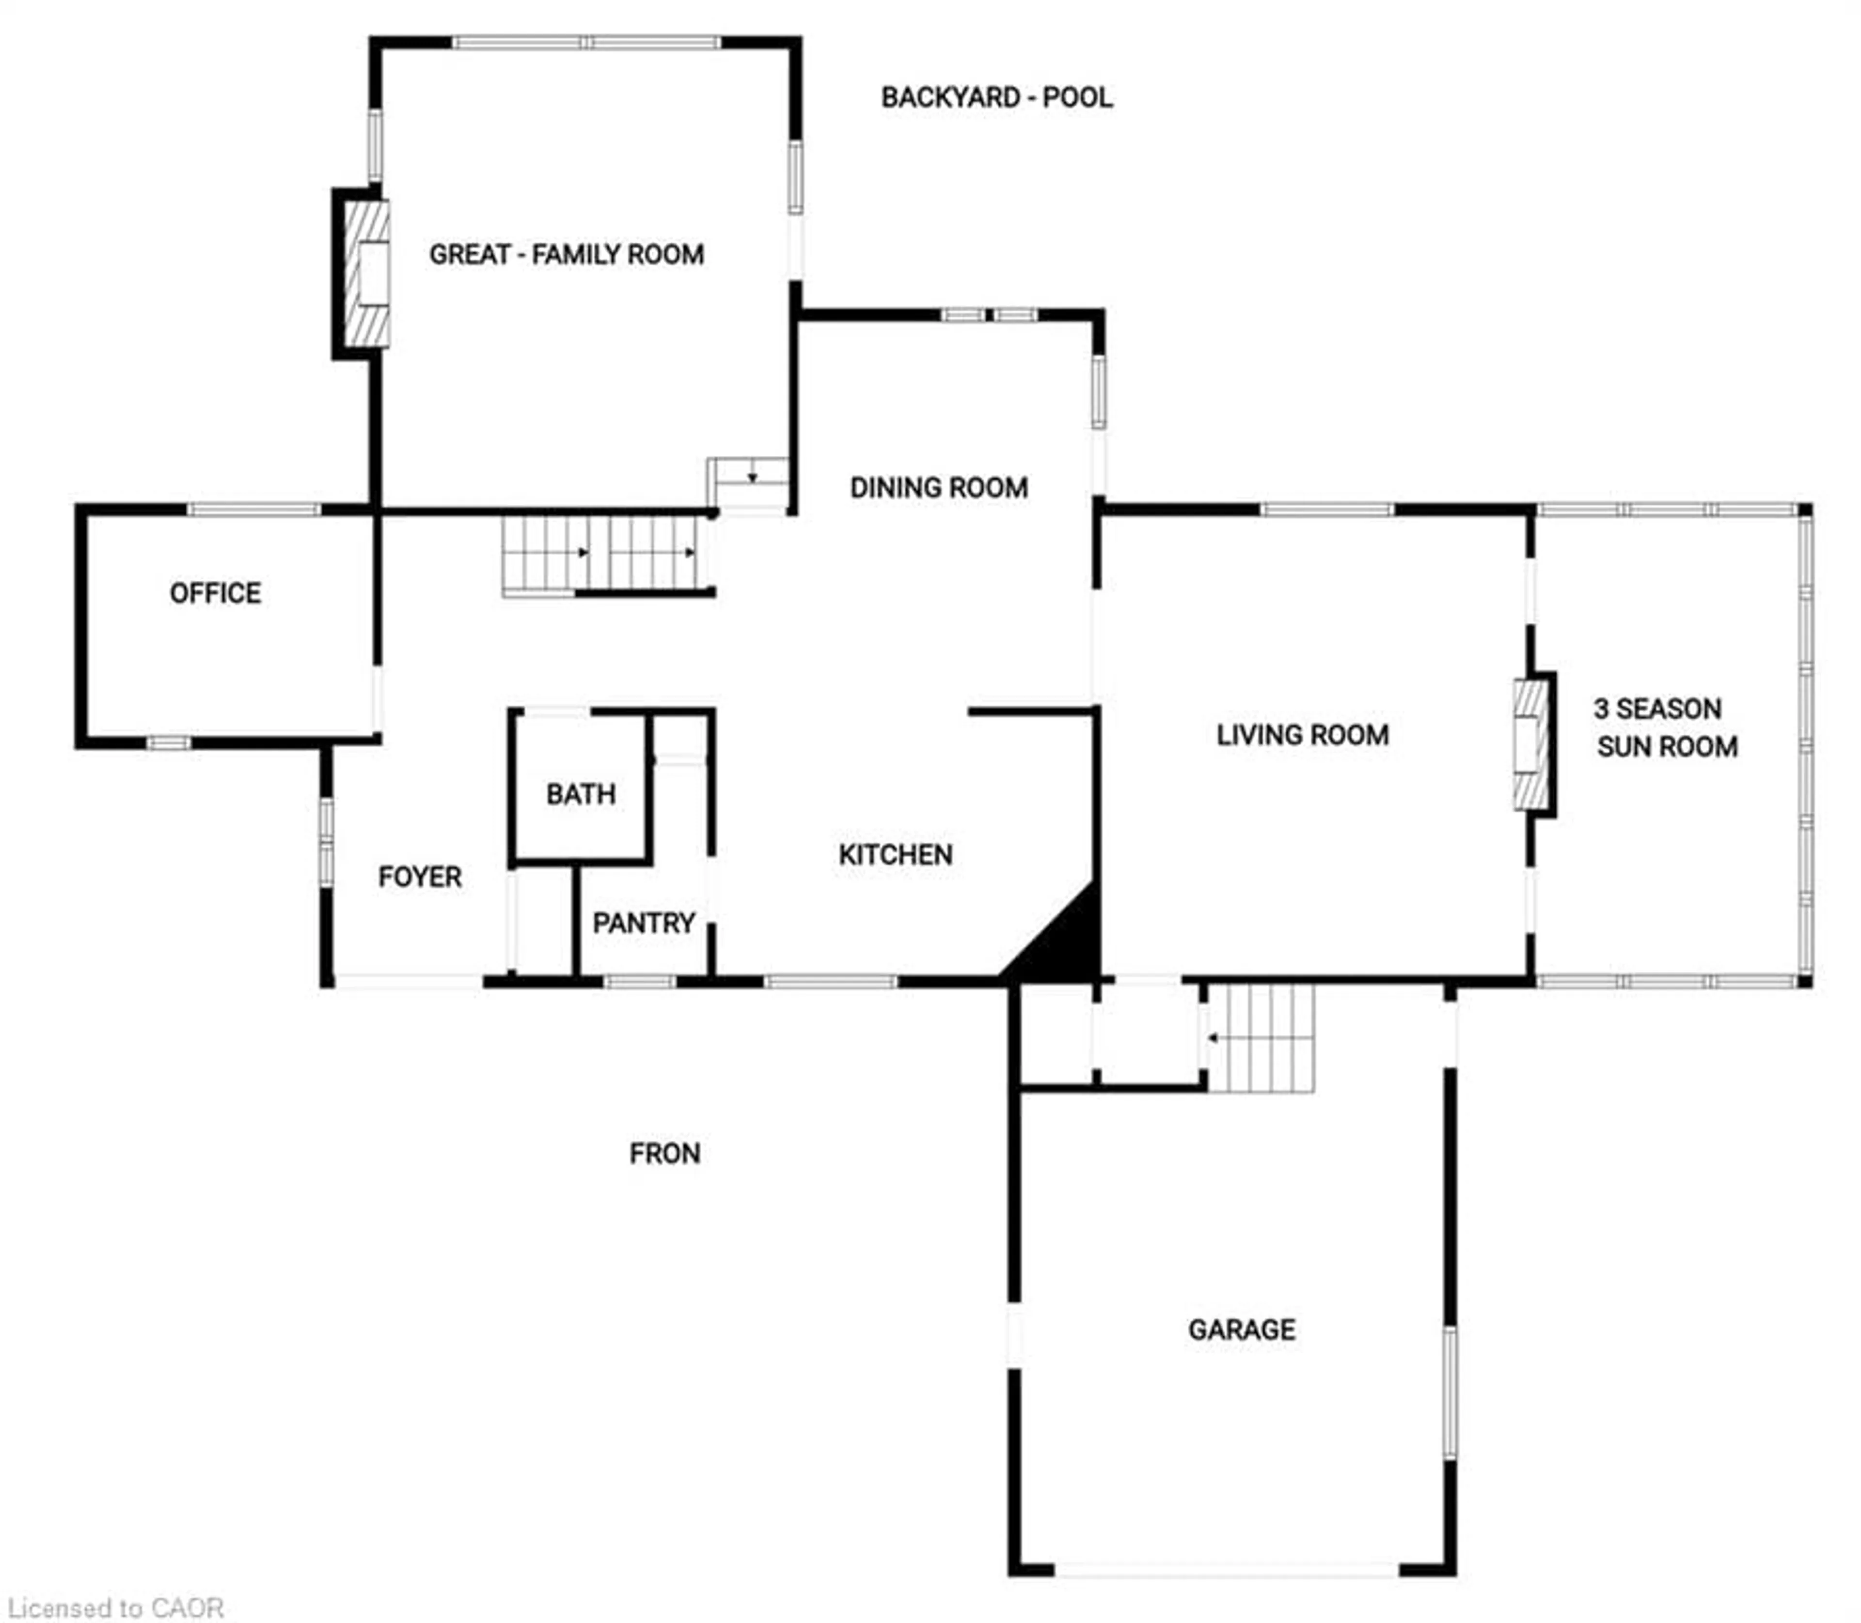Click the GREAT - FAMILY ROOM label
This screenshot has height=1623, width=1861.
pyautogui.click(x=566, y=254)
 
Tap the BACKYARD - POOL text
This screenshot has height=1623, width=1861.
pyautogui.click(x=996, y=98)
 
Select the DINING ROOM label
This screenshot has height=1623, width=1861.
pyautogui.click(x=939, y=488)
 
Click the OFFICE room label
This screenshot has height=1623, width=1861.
pyautogui.click(x=216, y=593)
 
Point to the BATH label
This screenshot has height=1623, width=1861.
pyautogui.click(x=581, y=794)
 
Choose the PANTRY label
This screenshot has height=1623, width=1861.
pyautogui.click(x=643, y=923)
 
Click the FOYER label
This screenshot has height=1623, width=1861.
pyautogui.click(x=420, y=877)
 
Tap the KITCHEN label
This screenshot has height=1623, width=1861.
pyautogui.click(x=895, y=854)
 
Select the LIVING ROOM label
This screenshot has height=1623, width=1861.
pyautogui.click(x=1302, y=735)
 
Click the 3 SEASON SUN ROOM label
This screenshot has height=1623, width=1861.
pyautogui.click(x=1665, y=727)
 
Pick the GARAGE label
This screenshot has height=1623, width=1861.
pyautogui.click(x=1241, y=1329)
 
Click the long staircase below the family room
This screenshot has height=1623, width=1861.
pyautogui.click(x=600, y=554)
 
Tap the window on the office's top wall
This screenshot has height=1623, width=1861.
pyautogui.click(x=253, y=510)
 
